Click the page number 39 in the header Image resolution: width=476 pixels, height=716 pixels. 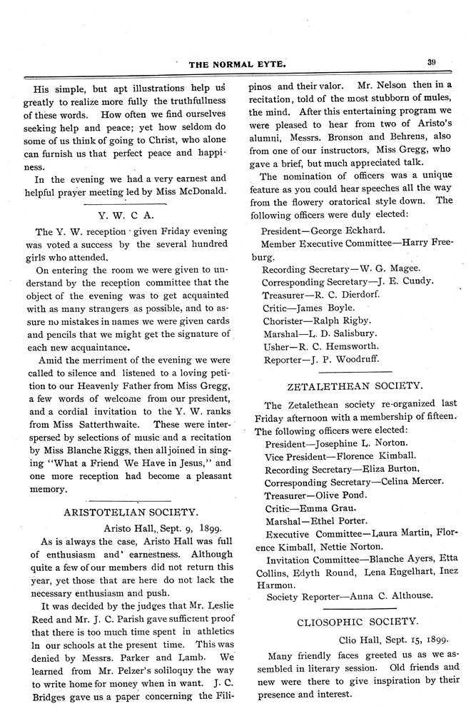click(x=432, y=62)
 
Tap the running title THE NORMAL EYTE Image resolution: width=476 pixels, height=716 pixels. click(x=238, y=64)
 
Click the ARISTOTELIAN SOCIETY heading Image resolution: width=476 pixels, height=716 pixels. click(x=131, y=512)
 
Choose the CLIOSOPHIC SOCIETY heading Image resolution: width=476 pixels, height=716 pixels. click(x=358, y=622)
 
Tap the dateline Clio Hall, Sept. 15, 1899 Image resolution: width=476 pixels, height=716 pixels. click(x=391, y=640)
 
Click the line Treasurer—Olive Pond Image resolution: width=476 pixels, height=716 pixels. click(x=315, y=494)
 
